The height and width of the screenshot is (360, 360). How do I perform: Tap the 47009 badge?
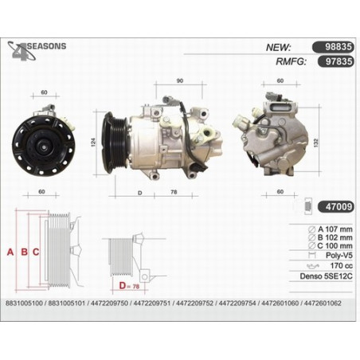[x=336, y=206]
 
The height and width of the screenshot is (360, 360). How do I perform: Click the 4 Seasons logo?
[x=37, y=50]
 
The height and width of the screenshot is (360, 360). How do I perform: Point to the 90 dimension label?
[x=180, y=80]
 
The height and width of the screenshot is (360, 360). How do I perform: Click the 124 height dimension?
[x=93, y=143]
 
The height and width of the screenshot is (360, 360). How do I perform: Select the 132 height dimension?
[x=316, y=143]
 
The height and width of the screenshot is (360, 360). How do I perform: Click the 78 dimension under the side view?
[x=174, y=192]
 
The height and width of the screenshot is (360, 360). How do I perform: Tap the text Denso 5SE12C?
[x=326, y=276]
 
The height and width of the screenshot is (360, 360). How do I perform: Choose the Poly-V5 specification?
[x=339, y=256]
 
